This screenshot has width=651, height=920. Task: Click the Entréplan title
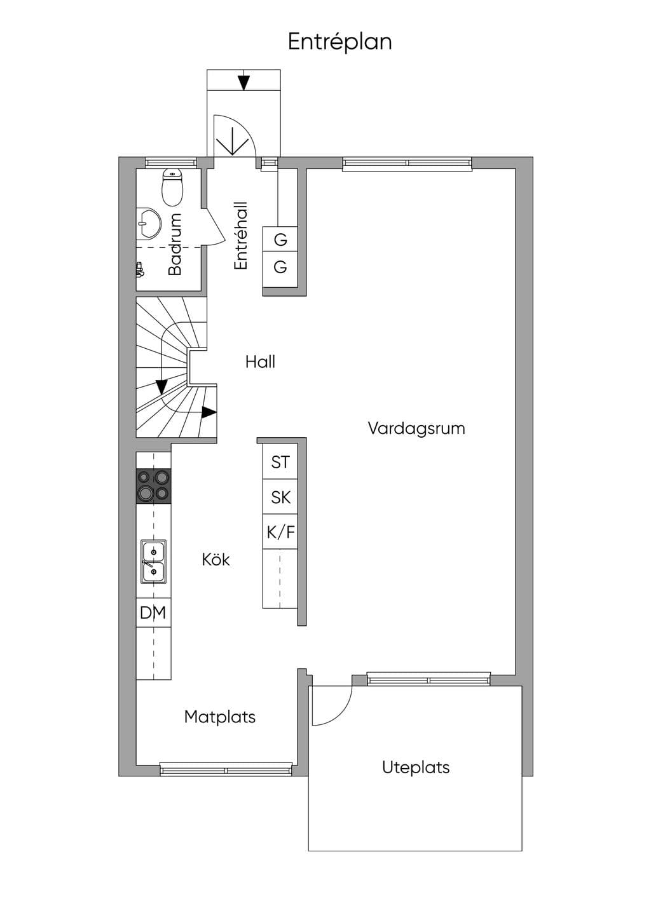(339, 43)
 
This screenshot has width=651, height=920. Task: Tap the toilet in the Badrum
(173, 187)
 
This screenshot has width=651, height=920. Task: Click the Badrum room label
(175, 244)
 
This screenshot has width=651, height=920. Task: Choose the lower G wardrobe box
(280, 267)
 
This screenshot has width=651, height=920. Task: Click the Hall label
(260, 362)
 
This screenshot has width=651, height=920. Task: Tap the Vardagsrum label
(416, 428)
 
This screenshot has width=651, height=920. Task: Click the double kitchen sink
(154, 562)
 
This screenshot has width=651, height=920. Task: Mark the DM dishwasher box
(153, 612)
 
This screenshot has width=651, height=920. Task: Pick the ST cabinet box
(280, 462)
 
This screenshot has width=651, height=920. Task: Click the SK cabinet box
(280, 497)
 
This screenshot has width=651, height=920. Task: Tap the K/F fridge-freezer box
(280, 532)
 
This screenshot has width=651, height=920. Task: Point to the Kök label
(216, 560)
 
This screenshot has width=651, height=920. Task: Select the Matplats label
(220, 717)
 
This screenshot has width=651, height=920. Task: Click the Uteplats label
(416, 768)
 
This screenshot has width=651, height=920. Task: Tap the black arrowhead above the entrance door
(244, 83)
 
